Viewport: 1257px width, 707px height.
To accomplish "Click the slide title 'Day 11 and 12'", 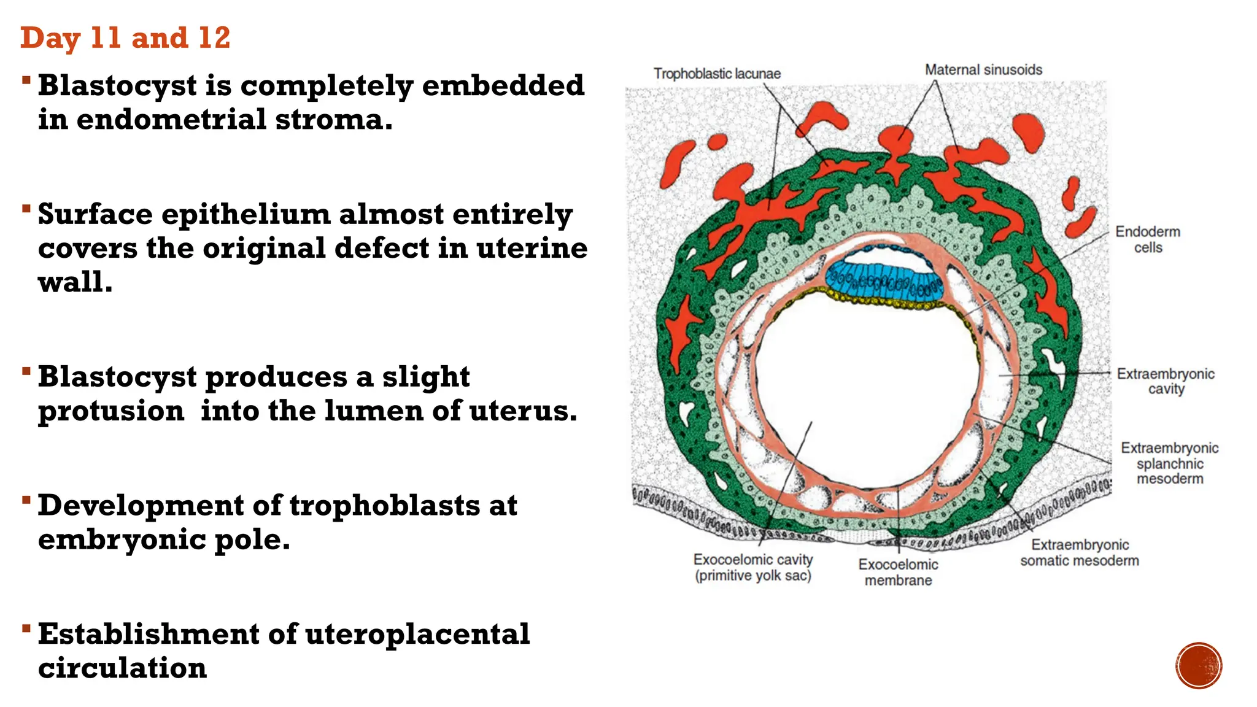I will click(x=125, y=38).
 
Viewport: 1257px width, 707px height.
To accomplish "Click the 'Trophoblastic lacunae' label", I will click(x=717, y=74).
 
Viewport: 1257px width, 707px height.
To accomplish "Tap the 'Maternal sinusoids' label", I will click(x=983, y=70).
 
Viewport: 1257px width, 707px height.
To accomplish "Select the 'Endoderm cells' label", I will click(x=1147, y=239).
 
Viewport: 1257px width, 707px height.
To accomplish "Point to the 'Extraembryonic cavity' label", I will click(x=1165, y=381).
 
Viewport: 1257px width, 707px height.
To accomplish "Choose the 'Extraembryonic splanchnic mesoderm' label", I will click(x=1169, y=463).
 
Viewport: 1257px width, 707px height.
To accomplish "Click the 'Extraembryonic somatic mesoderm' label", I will click(x=1080, y=552).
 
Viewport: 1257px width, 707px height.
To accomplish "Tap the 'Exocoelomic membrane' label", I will click(x=898, y=572).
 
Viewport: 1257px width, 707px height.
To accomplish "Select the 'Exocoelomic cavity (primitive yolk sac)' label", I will click(x=753, y=567).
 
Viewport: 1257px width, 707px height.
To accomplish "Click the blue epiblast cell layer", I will click(x=884, y=280).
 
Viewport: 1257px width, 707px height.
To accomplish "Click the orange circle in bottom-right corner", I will click(x=1199, y=666).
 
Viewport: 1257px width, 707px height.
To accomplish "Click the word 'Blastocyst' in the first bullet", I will click(x=117, y=86).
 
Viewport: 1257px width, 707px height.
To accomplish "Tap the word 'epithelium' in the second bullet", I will click(x=246, y=215).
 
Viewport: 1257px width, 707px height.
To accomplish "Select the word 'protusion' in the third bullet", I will click(x=111, y=411).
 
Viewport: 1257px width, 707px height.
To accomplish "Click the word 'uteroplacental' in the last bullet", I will click(x=417, y=634).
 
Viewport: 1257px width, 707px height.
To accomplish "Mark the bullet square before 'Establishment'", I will click(x=26, y=628).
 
